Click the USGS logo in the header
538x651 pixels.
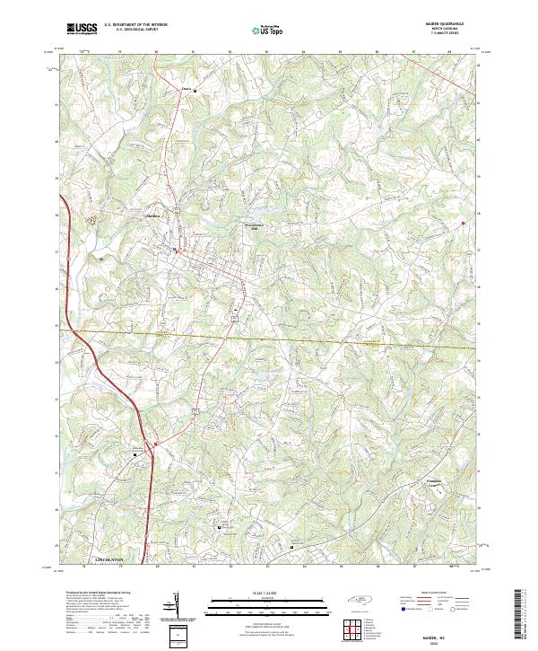pyautogui.click(x=82, y=29)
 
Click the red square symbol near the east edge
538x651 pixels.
pyautogui.click(x=464, y=223)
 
